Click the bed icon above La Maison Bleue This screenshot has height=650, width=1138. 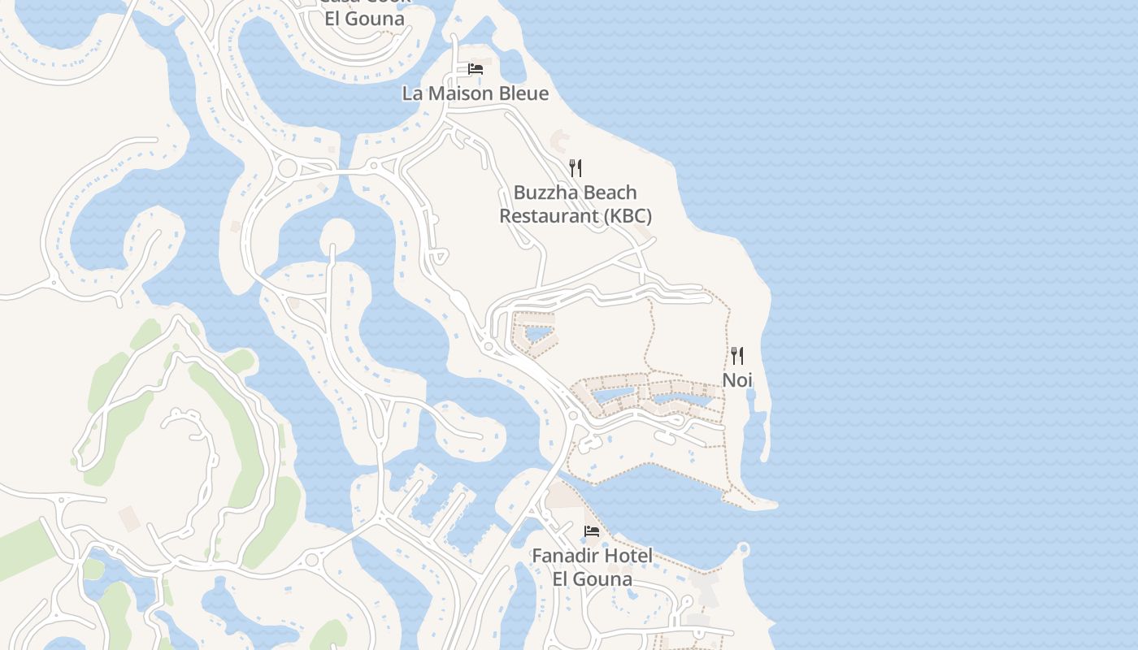476,69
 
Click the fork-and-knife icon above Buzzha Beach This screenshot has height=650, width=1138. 576,168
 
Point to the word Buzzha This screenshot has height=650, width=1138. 545,193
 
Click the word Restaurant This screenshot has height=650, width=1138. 548,216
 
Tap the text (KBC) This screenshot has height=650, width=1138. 628,216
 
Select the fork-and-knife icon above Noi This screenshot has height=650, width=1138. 737,356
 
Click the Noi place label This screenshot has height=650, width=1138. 737,379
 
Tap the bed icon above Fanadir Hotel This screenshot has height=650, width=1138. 592,531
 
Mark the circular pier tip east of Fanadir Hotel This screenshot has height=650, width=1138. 743,550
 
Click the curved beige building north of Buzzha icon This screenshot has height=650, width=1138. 560,139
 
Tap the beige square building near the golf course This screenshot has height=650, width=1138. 128,518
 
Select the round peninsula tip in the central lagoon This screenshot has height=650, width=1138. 337,236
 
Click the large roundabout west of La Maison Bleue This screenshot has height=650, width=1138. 287,168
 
